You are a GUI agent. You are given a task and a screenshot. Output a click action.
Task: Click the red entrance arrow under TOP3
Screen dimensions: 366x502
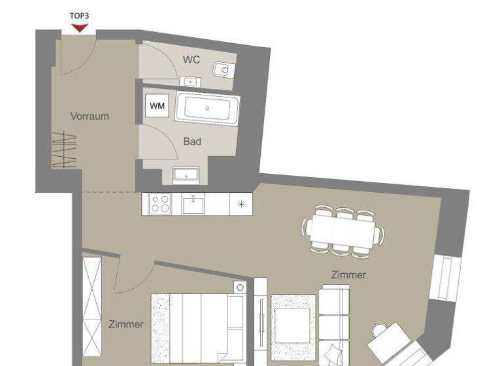coord(80,27)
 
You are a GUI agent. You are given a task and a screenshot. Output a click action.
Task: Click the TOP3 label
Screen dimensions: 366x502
coord(80,15)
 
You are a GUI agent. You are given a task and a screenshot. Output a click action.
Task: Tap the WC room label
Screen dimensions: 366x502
coord(191,60)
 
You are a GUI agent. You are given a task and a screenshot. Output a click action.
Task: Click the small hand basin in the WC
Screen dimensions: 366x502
coord(190,82)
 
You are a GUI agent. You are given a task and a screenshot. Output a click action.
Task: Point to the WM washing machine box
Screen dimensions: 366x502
coord(158,105)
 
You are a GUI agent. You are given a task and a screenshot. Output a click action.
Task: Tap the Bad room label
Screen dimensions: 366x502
coord(192,141)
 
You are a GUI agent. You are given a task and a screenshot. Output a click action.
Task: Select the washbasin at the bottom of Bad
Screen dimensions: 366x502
coord(186,175)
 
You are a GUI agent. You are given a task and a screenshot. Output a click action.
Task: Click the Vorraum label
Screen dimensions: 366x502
coord(90,116)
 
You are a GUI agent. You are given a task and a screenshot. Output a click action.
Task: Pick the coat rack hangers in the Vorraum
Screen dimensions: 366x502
coord(65,150)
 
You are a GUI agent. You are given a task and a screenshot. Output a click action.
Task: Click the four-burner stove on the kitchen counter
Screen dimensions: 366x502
coord(159,204)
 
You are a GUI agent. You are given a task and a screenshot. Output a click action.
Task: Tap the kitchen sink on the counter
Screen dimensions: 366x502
coord(193,205)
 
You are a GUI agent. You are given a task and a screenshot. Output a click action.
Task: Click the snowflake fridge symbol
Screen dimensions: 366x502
coord(241,204)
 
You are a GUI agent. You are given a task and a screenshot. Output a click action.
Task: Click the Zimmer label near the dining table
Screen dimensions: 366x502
coord(348,275)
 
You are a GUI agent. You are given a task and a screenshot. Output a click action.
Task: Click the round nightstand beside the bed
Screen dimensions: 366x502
coord(239,288)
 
